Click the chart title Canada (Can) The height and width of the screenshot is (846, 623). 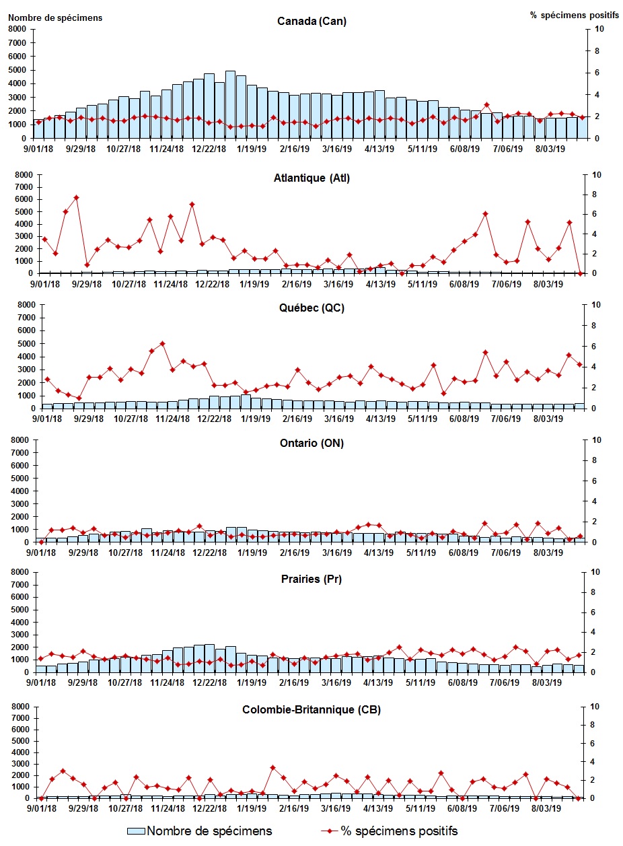pos(311,21)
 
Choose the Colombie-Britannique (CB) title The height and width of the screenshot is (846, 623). pos(311,710)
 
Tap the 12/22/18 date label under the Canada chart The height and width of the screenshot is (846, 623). pos(211,149)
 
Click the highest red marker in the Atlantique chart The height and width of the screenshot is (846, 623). pos(76,197)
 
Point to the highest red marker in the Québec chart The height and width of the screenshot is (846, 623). pos(162,343)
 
